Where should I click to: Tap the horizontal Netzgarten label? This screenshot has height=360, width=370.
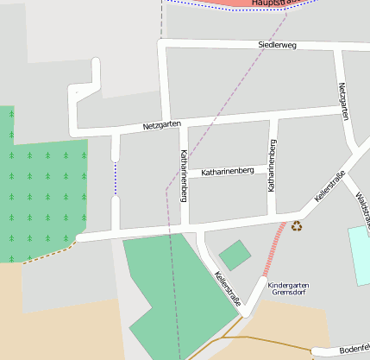pos(162,126)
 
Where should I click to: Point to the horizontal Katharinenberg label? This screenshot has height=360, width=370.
pos(228,172)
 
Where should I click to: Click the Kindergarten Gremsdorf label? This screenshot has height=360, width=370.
pos(289,289)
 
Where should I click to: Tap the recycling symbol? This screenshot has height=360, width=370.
pos(297,226)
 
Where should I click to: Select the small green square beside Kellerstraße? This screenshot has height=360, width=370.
pos(235,255)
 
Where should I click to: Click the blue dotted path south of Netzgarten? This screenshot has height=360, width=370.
pos(116,178)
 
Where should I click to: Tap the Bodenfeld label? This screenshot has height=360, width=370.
pos(354,350)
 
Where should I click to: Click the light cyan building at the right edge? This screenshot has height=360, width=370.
pos(361,254)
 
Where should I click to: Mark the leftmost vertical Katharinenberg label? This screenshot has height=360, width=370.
pos(184,175)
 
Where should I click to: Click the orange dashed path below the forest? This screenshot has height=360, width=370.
pos(48,253)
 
